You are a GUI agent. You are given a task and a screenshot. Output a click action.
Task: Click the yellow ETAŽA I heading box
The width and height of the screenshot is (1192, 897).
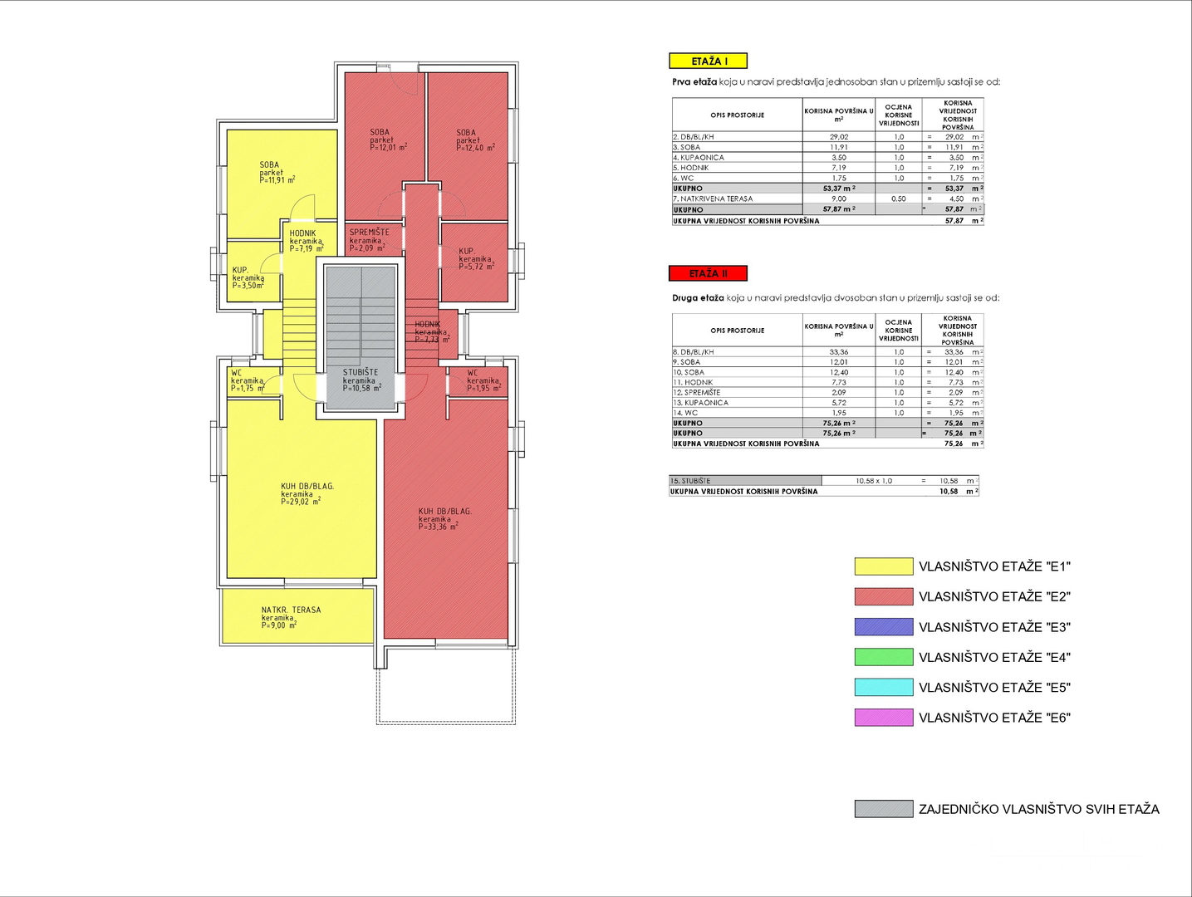click(709, 61)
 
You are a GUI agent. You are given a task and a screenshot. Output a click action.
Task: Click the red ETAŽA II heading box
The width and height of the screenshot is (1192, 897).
click(708, 273)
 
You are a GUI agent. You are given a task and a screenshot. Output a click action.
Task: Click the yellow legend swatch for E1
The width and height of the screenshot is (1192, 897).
click(883, 566)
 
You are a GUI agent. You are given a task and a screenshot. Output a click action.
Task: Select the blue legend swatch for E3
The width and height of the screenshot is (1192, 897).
click(883, 627)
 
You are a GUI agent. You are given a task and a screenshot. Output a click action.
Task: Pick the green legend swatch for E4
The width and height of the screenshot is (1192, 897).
click(883, 657)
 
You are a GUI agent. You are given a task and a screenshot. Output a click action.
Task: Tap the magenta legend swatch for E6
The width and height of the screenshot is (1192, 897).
click(883, 718)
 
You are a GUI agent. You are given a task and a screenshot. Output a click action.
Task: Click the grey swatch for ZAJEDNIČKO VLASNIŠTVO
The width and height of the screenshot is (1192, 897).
click(883, 809)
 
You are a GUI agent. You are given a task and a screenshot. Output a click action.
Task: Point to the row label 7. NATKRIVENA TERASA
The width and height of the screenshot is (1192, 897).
click(713, 199)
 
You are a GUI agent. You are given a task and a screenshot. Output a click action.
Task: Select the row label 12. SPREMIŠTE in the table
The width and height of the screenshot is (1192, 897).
click(697, 392)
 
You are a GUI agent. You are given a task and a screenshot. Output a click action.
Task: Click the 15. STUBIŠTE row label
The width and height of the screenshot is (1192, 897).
click(691, 481)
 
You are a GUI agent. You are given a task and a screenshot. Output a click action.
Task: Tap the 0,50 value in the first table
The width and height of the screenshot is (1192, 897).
click(899, 199)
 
